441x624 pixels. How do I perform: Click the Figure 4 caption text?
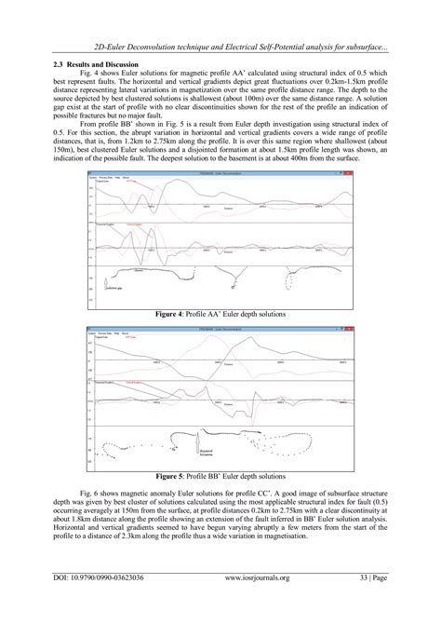pos(220,316)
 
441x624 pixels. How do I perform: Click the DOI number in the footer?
pos(89,604)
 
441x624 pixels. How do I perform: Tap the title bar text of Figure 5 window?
pos(220,328)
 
